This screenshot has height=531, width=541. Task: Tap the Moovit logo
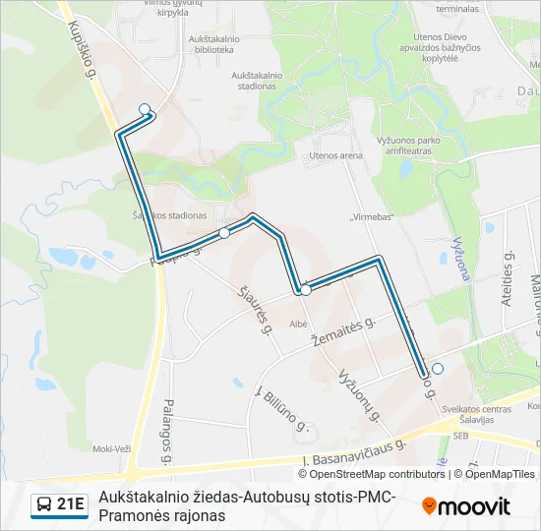(x=466, y=506)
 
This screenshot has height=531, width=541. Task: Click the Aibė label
(x=300, y=323)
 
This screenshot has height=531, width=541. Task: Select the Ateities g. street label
(x=509, y=281)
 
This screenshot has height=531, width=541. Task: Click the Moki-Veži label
(x=111, y=448)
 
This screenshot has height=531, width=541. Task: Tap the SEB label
(x=459, y=434)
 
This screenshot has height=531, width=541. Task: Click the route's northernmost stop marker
(x=145, y=109)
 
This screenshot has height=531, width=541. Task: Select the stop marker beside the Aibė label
(x=305, y=290)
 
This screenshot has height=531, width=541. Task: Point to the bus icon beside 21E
(x=44, y=505)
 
